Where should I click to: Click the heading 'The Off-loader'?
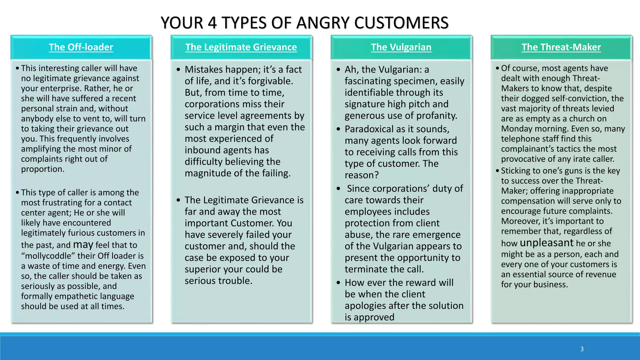coord(81,47)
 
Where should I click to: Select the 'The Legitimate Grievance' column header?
coord(241,47)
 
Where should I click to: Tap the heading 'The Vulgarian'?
coord(401,47)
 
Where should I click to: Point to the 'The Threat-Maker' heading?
coord(561,47)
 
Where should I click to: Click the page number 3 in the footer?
coord(582,349)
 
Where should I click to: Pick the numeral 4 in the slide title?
coord(212,23)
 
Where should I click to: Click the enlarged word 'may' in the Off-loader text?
coord(83,244)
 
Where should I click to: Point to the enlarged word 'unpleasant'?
coord(547,243)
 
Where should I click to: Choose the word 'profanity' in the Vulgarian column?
coord(434,116)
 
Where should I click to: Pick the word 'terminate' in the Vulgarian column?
coord(366,269)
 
